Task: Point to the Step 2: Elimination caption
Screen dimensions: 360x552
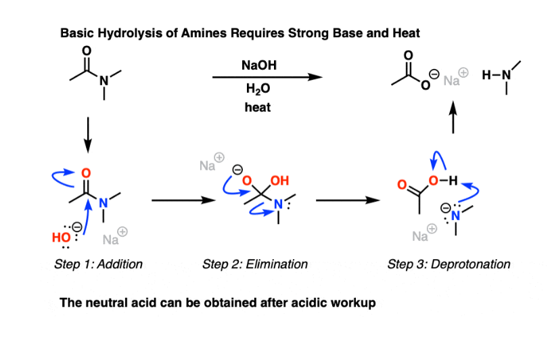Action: click(255, 264)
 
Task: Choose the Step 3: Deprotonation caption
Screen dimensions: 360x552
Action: click(448, 264)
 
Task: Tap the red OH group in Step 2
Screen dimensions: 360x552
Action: click(279, 181)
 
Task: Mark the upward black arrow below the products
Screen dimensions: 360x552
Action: click(453, 118)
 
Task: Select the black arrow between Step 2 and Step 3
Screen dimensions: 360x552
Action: click(345, 201)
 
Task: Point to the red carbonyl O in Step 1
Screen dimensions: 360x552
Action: click(86, 174)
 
